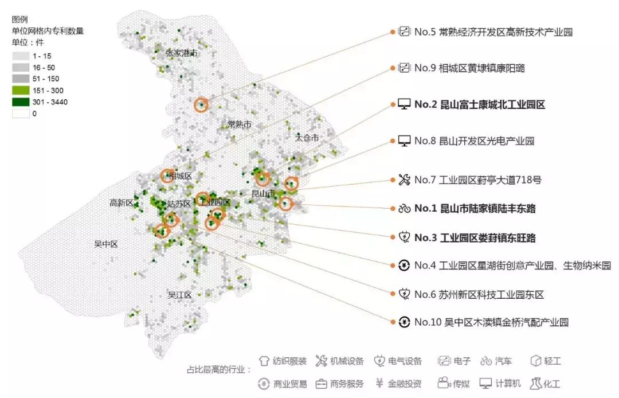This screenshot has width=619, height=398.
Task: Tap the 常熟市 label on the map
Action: tap(239, 124)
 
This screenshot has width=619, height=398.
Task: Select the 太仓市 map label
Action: tap(307, 138)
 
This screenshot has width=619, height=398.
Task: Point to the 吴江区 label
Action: tap(179, 295)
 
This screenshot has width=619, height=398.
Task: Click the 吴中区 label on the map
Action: tap(105, 244)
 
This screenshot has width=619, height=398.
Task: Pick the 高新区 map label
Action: tap(121, 202)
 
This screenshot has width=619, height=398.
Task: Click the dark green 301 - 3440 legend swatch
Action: tap(21, 102)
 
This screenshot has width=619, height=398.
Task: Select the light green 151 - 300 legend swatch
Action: tap(21, 91)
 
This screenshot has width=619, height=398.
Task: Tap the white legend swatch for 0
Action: tap(21, 114)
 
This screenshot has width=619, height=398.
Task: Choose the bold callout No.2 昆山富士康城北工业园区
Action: tap(479, 104)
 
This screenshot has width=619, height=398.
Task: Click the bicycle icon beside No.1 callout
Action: tap(405, 208)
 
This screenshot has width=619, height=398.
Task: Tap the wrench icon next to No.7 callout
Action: tap(405, 180)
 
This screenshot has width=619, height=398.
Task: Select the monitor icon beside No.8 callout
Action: tap(405, 141)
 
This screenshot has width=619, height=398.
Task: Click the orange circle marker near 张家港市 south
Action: tap(201, 104)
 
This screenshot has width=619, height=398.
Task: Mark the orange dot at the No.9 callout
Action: tap(393, 68)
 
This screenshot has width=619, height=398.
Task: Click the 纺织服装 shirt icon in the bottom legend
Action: tap(264, 361)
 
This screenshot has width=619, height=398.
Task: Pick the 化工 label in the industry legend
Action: tap(553, 384)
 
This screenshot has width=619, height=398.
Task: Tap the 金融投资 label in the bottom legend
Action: tap(405, 384)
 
